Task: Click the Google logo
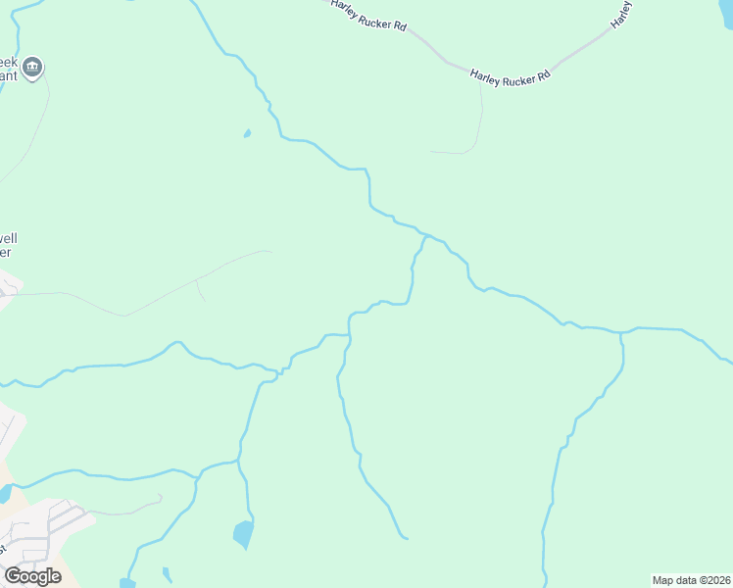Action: tap(32, 576)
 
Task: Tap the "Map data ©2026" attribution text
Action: tap(691, 580)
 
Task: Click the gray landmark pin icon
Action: tap(32, 68)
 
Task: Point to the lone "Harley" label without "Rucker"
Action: tap(621, 13)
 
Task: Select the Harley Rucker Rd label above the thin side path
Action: tap(510, 77)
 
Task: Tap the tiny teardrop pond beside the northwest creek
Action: tap(247, 133)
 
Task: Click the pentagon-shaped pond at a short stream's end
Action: tap(243, 534)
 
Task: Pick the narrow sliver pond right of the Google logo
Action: tap(168, 574)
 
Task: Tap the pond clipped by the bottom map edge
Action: tap(127, 583)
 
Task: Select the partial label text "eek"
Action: tap(9, 60)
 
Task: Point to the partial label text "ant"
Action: tap(9, 74)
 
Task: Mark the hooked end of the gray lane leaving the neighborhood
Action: tap(160, 497)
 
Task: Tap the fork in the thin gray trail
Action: tap(197, 280)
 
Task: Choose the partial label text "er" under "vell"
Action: tap(5, 252)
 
